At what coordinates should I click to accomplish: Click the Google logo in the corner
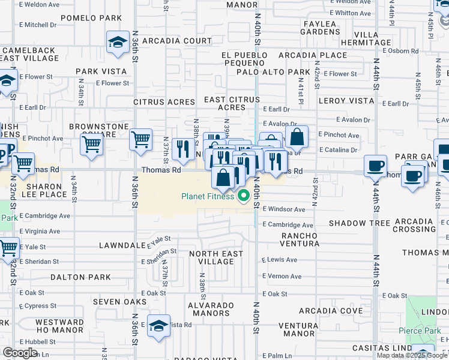(20, 353)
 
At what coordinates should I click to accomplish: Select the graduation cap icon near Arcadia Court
(117, 41)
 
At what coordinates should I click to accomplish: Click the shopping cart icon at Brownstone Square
(91, 144)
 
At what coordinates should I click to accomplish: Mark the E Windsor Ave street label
(284, 209)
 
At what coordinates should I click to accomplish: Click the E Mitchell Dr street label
(38, 25)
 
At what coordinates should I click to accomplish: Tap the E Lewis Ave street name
(280, 260)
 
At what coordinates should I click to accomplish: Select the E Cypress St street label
(38, 306)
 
